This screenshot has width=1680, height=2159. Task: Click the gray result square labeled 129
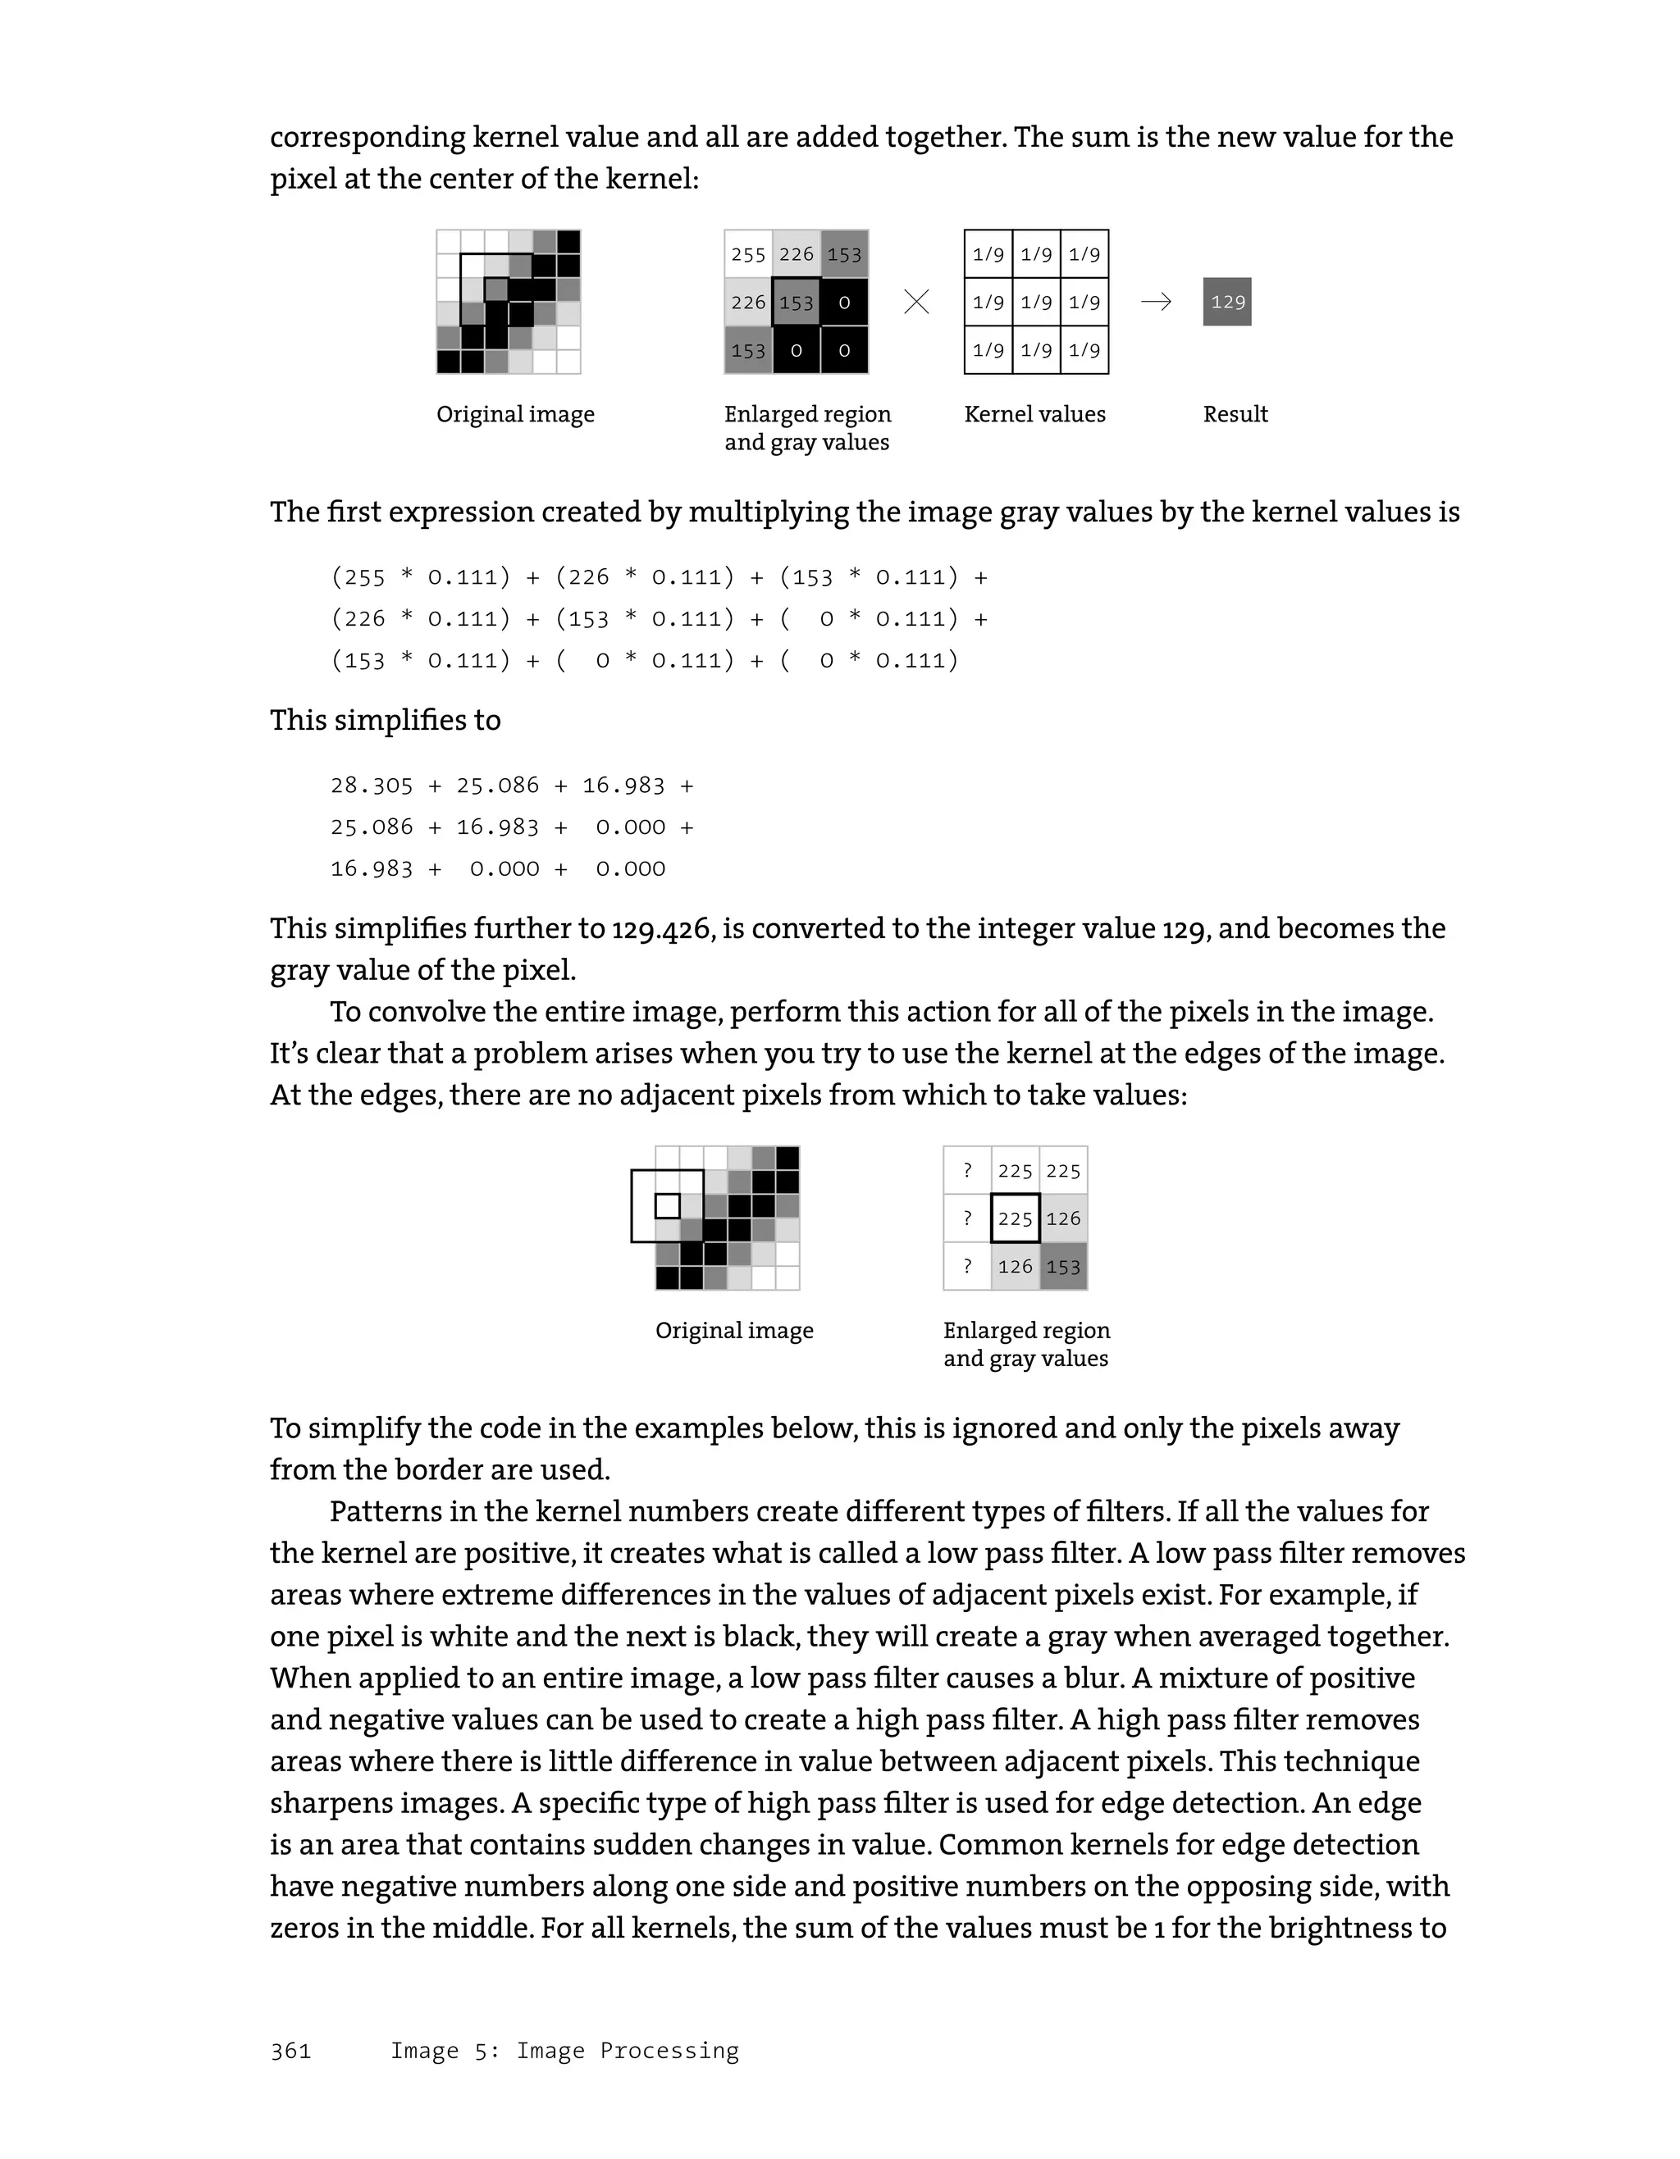point(1226,302)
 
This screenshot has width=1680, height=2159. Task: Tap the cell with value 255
point(747,255)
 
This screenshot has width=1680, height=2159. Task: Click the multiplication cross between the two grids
point(916,302)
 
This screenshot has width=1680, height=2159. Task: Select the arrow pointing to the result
point(1156,302)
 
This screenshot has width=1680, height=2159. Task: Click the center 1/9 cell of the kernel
point(1036,303)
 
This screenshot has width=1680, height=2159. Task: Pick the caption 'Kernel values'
point(1034,414)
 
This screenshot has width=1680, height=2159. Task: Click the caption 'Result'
point(1235,414)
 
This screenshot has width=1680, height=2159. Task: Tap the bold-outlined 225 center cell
point(1015,1218)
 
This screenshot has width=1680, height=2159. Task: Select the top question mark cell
point(967,1170)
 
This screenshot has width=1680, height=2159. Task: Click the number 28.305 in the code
point(371,786)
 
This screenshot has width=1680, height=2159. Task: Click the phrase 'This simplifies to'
point(385,721)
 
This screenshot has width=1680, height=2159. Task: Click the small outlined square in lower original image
point(668,1206)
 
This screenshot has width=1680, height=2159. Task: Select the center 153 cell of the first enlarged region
point(796,303)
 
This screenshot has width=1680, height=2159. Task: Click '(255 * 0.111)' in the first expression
point(420,577)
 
